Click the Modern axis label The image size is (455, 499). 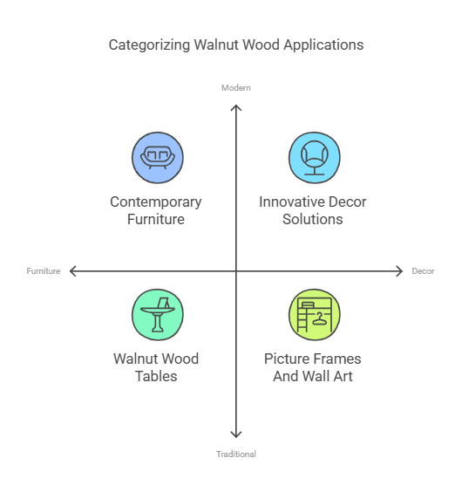pyautogui.click(x=236, y=88)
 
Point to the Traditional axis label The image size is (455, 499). pyautogui.click(x=236, y=454)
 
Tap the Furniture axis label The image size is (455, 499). pyautogui.click(x=44, y=271)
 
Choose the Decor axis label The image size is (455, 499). pyautogui.click(x=423, y=271)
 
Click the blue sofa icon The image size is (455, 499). pyautogui.click(x=157, y=158)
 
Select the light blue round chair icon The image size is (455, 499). pyautogui.click(x=314, y=158)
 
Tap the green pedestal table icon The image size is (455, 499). pyautogui.click(x=157, y=314)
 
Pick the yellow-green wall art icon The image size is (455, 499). pyautogui.click(x=314, y=314)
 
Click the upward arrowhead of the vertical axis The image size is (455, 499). pyautogui.click(x=236, y=107)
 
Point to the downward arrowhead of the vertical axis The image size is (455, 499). pyautogui.click(x=236, y=434)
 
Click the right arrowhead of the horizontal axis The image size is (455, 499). pyautogui.click(x=399, y=271)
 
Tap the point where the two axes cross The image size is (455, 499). pyautogui.click(x=236, y=271)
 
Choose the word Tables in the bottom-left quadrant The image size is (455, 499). pyautogui.click(x=156, y=376)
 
